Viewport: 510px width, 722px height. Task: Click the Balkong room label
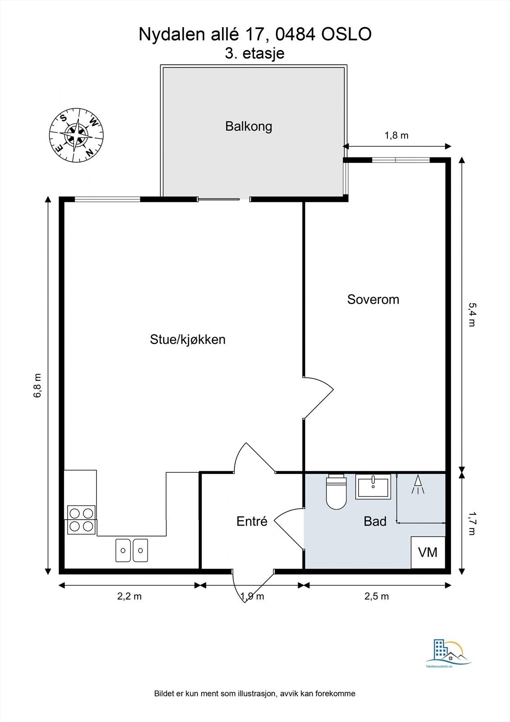coord(248,126)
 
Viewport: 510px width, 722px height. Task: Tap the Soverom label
coord(373,300)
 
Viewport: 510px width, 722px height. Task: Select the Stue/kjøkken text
coord(188,339)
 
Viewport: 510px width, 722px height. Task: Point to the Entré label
coord(252,521)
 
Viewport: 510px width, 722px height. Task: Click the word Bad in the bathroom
coord(375,521)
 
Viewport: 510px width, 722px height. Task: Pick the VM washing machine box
coord(428,552)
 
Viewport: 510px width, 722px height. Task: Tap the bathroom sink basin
coord(373,487)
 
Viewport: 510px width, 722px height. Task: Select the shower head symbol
coord(418,484)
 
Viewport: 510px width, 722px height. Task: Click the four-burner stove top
coord(81,519)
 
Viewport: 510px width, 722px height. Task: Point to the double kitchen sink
coord(132,550)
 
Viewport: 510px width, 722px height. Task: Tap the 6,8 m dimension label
coord(38,385)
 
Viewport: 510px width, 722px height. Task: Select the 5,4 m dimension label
coord(472,315)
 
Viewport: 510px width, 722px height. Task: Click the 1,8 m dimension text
coord(396,135)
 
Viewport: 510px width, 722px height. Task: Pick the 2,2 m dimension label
coord(129,596)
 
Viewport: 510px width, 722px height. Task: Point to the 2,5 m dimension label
coord(377,596)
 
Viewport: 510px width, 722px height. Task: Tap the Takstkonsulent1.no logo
coord(449,653)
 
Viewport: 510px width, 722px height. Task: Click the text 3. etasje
coord(254,54)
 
